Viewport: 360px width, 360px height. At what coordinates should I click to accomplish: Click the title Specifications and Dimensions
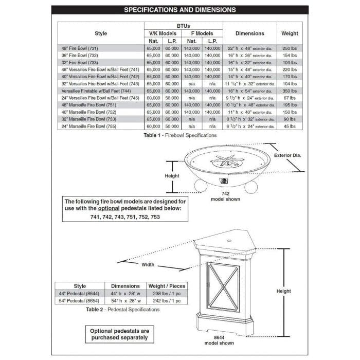click(180, 10)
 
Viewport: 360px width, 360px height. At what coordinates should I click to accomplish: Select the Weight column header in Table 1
click(290, 33)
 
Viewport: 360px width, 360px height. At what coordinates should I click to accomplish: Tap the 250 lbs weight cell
click(290, 48)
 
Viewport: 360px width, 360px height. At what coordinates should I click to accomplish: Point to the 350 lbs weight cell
click(290, 91)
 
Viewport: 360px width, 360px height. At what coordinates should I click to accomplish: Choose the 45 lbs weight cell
click(290, 126)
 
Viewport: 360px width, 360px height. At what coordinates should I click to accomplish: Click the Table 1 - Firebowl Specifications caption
click(180, 135)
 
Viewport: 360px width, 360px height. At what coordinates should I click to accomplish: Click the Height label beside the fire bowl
click(172, 176)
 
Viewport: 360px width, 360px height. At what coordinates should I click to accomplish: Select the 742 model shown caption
click(225, 196)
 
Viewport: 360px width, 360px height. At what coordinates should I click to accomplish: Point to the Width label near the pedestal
click(148, 265)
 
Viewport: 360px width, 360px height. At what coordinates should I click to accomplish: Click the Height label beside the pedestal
click(283, 291)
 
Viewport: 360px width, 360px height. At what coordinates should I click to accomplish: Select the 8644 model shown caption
click(220, 340)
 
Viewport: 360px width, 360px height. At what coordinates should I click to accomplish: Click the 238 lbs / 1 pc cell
click(167, 294)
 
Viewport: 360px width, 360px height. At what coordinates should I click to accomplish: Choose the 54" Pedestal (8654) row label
click(80, 301)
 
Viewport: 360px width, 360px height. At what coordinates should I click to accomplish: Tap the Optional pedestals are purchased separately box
click(119, 334)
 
